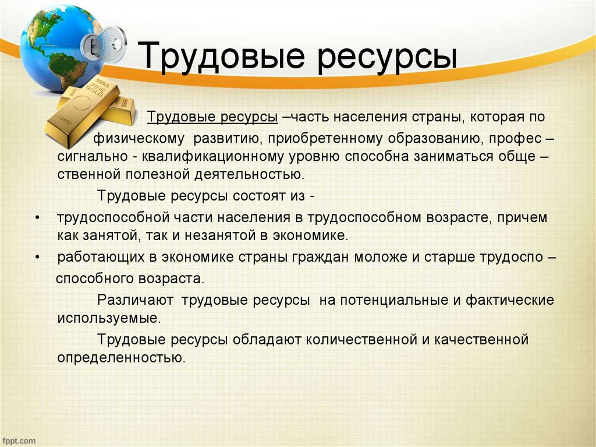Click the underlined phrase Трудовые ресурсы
coord(212,117)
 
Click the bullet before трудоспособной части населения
coord(38,217)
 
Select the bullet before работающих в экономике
coord(38,257)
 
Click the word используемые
coord(108,318)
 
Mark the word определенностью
coord(121,357)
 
